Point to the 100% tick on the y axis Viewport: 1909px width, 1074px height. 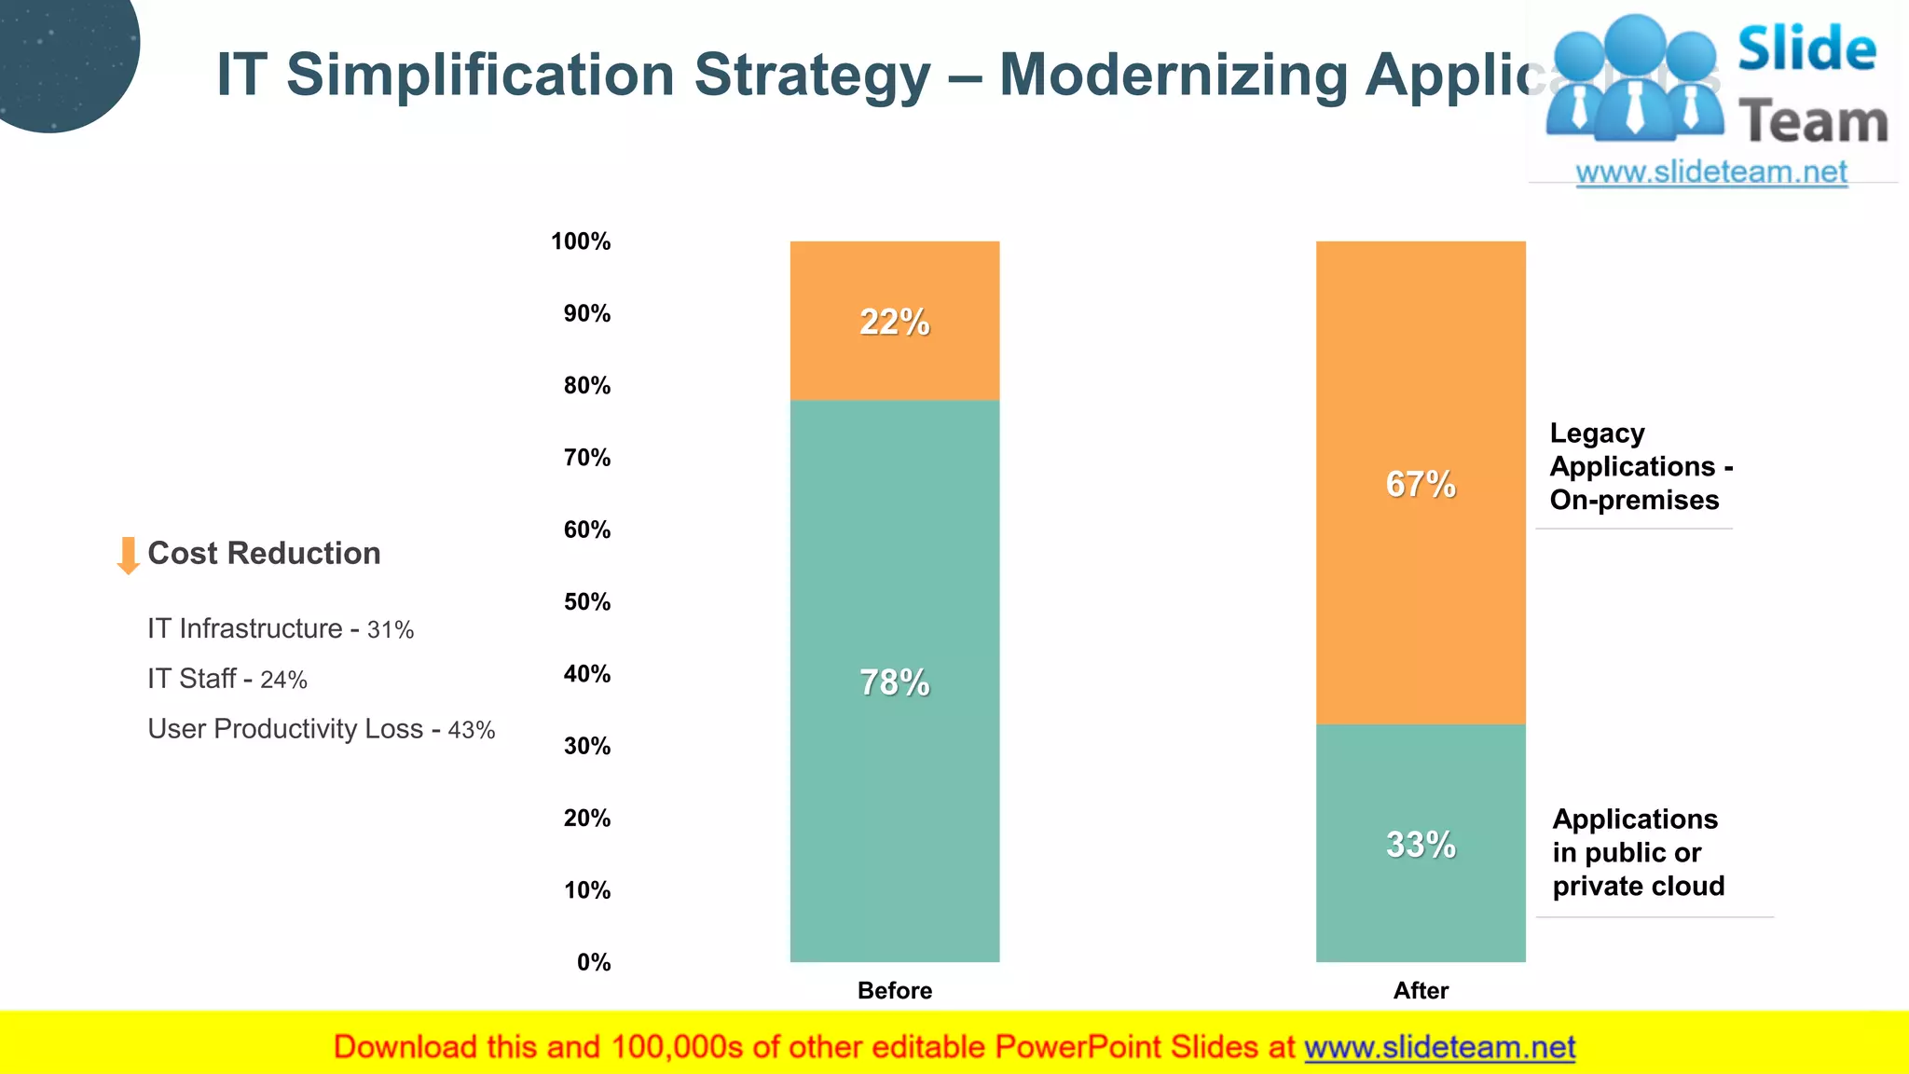point(581,241)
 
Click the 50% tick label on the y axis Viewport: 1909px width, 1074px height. point(586,602)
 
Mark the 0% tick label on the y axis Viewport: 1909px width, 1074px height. point(594,962)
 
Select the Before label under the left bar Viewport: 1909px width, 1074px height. point(894,990)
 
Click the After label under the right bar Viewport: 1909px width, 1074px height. point(1420,990)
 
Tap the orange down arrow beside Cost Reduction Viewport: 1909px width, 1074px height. point(128,555)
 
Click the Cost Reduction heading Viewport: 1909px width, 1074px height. point(264,553)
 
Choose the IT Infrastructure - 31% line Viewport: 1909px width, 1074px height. point(280,629)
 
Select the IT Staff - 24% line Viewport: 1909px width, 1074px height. point(227,679)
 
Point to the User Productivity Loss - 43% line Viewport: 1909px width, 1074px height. point(321,729)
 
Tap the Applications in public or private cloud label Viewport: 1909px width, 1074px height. point(1638,852)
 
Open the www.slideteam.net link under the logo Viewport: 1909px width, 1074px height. point(1711,172)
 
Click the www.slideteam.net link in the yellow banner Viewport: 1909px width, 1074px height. point(1439,1047)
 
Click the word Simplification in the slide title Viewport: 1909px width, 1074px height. point(480,75)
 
